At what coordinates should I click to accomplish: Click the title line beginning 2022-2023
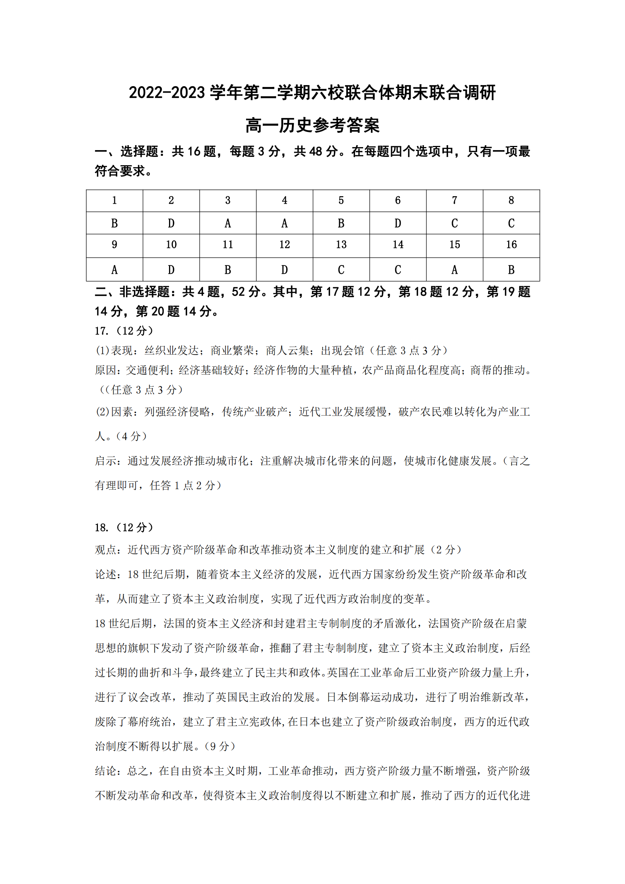tap(312, 93)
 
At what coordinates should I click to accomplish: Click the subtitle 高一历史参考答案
tap(312, 126)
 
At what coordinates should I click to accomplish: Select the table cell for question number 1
tap(114, 201)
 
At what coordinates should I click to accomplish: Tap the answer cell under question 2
tap(171, 223)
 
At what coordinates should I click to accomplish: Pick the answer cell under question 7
tap(454, 223)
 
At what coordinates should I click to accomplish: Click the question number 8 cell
tap(511, 201)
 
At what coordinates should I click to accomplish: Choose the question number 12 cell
tap(285, 245)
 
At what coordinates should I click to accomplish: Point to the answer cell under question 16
tap(511, 270)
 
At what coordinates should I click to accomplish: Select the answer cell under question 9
tap(114, 270)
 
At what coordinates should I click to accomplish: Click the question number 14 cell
tap(398, 245)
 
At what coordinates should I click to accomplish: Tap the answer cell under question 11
tap(228, 270)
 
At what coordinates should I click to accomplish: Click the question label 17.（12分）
tap(124, 331)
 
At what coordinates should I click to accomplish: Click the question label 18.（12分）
tap(124, 527)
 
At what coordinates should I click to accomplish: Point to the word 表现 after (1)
tap(122, 351)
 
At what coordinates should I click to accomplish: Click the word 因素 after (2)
tap(122, 412)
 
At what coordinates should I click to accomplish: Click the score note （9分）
tap(219, 746)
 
